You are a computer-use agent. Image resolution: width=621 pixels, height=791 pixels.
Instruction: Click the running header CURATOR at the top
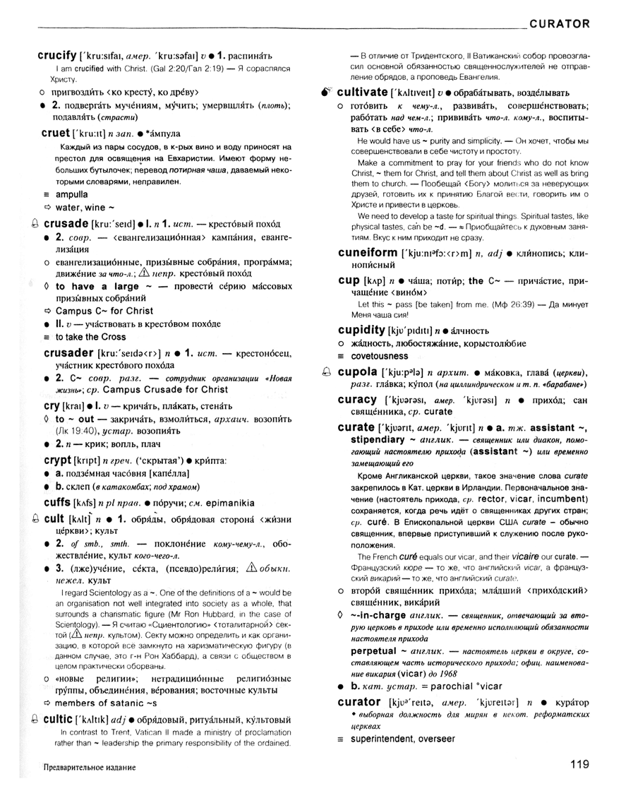click(559, 23)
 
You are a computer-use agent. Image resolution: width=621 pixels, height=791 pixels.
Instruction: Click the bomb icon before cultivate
click(325, 92)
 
